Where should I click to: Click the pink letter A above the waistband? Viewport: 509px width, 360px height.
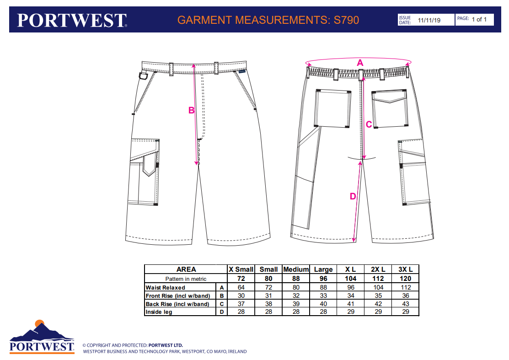(x=360, y=63)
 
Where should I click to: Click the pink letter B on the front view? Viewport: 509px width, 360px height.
(x=192, y=110)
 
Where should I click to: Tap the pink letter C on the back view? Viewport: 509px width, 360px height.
(x=369, y=124)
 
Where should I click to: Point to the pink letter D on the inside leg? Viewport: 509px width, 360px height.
(x=353, y=196)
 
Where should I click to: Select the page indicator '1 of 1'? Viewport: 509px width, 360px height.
(x=479, y=19)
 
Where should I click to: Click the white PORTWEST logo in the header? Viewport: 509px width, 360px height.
(x=72, y=20)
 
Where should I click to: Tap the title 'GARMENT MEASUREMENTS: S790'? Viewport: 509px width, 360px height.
(x=268, y=20)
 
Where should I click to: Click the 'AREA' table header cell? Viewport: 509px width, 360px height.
(x=186, y=269)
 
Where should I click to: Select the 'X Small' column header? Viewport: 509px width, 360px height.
(x=241, y=269)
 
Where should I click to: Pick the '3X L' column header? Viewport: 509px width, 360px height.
(x=405, y=269)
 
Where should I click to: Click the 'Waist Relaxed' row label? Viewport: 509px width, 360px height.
(x=166, y=288)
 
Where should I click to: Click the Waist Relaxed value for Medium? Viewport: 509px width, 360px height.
(x=296, y=288)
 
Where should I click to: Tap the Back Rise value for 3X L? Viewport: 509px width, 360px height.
(x=405, y=304)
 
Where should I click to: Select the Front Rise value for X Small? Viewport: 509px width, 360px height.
(x=241, y=296)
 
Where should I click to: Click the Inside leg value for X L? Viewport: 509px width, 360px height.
(x=350, y=312)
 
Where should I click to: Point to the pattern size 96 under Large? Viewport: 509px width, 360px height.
(x=323, y=278)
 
